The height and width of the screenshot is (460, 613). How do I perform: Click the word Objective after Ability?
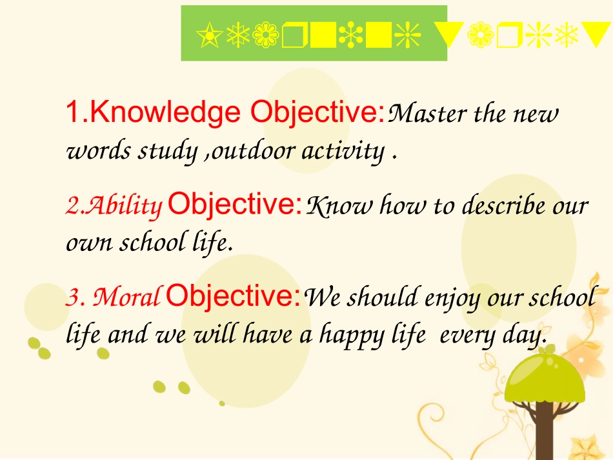tap(235, 205)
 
